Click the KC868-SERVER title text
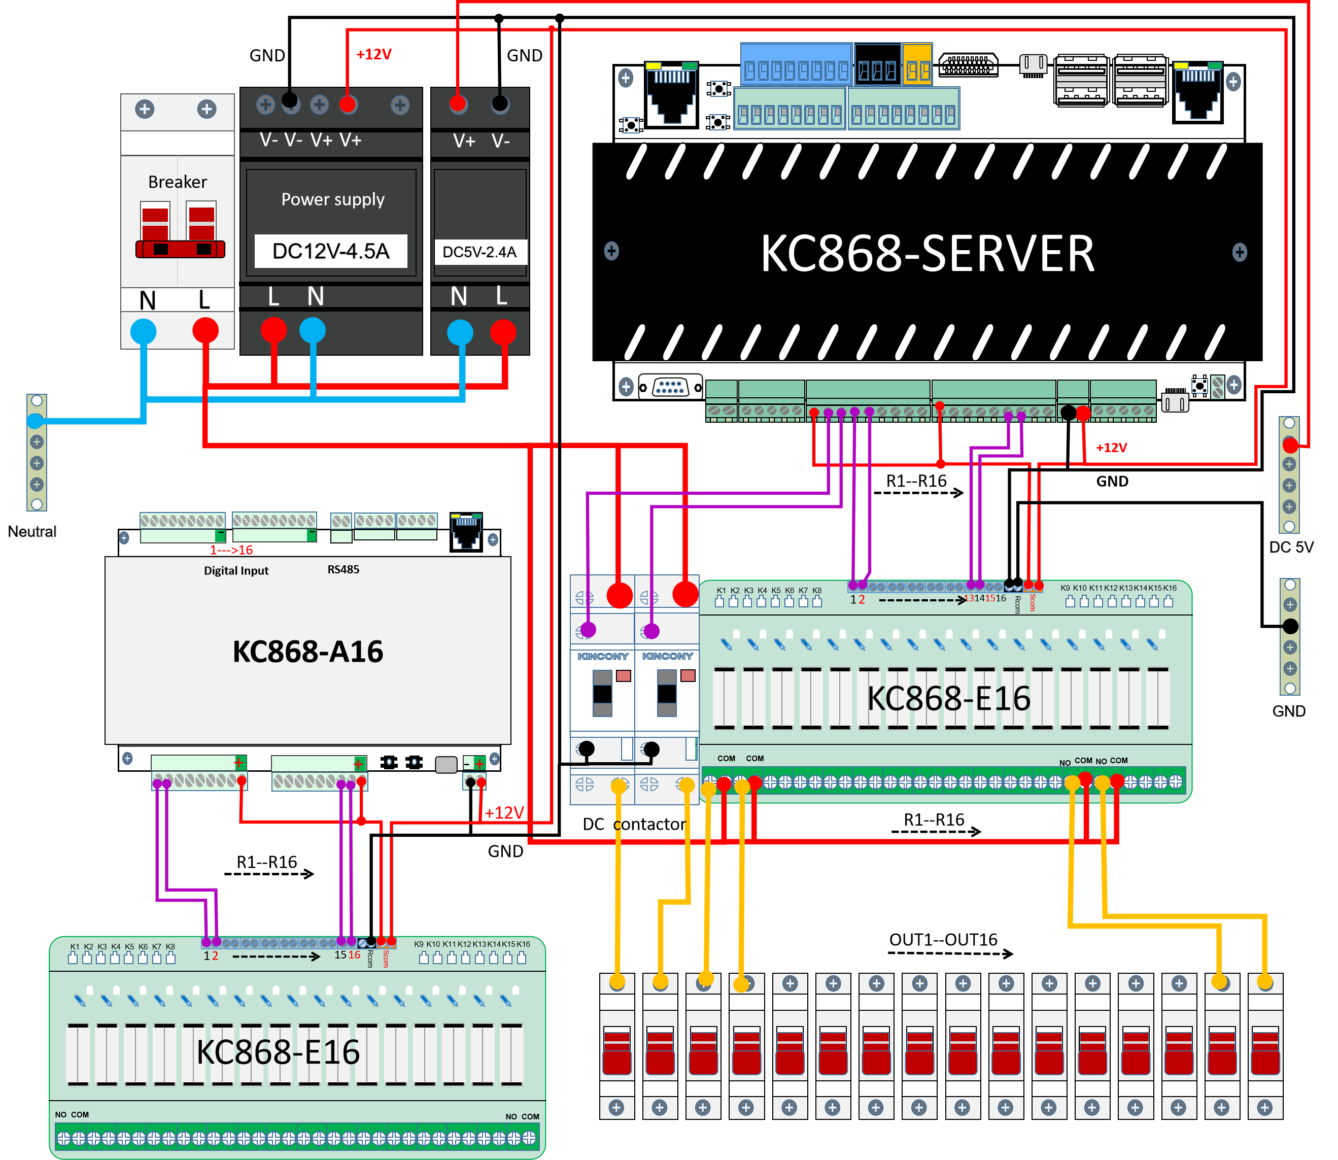tap(927, 254)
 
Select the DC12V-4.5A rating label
tap(331, 251)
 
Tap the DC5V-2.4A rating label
tap(479, 252)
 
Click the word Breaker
tap(178, 182)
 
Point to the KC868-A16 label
tap(307, 651)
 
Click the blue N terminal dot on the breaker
tap(143, 331)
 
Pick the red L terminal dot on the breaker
tap(205, 331)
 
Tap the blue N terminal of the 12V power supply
tap(313, 330)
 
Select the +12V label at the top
tap(373, 54)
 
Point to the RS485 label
tap(343, 570)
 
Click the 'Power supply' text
tap(333, 199)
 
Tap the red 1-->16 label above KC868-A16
tap(231, 550)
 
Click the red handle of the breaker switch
tap(180, 249)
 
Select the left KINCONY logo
tap(603, 657)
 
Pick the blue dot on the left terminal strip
tap(36, 421)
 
